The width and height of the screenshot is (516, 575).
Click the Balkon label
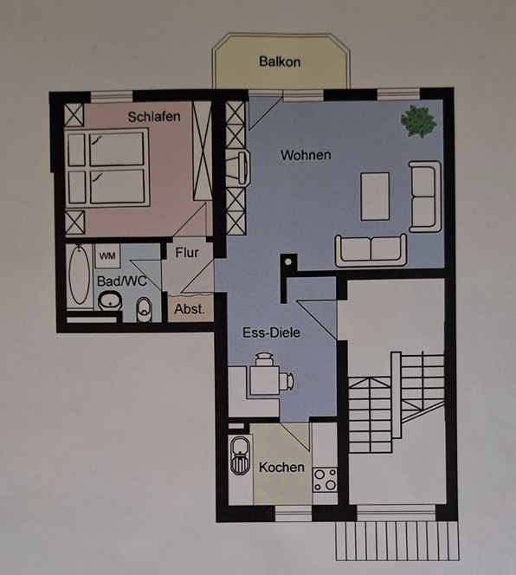[x=280, y=61]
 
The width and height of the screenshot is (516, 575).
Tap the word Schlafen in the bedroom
[x=154, y=117]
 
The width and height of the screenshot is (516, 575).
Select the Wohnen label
[x=306, y=155]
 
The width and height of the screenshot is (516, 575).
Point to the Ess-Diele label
[x=271, y=333]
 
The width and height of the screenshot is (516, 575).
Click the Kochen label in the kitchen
[x=281, y=468]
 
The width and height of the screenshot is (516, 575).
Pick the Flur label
[x=187, y=253]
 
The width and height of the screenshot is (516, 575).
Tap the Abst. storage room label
[x=190, y=309]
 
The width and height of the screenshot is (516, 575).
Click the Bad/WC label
[x=122, y=281]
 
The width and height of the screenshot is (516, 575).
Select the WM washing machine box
[x=107, y=256]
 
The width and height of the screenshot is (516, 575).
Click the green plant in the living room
[x=418, y=121]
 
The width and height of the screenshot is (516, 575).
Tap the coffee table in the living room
[x=375, y=197]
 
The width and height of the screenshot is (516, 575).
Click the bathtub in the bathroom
[x=79, y=275]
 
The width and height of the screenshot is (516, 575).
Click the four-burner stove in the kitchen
[x=325, y=480]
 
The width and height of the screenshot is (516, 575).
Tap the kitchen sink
[x=241, y=455]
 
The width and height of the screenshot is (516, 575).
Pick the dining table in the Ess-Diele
[x=265, y=380]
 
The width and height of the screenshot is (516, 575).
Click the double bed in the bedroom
[x=107, y=167]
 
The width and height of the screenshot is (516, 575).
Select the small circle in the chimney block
[x=288, y=262]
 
